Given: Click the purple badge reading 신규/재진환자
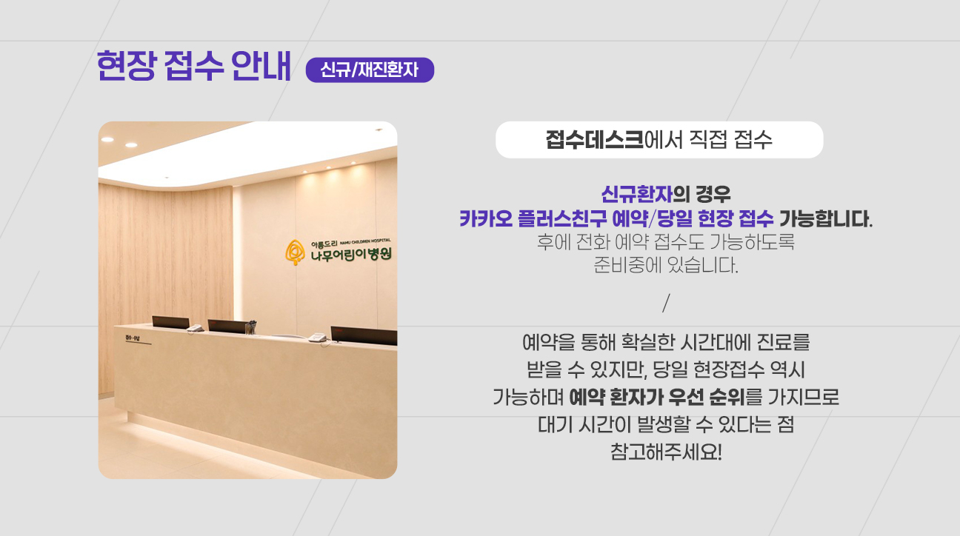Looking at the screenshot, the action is coord(370,70).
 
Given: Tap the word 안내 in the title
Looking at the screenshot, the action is coord(261,66).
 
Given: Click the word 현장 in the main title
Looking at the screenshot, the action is coord(126,66).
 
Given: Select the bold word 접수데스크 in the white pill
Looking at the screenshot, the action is coord(594,140).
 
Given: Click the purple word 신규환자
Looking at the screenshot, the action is coord(637,194).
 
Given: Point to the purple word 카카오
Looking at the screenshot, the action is coord(486,218).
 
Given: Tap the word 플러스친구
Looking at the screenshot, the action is coord(562,218).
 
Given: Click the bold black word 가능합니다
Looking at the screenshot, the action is coord(825,218).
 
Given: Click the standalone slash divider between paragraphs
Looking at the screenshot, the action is coord(666,303).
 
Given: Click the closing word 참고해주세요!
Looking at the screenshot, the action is coord(666,452).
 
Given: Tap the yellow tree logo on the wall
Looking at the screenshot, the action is coord(295,252).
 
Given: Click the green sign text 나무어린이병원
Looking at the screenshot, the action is coord(351,255).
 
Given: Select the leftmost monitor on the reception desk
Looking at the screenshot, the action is coord(170,323).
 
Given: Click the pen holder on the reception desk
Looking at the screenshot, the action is coord(250,328).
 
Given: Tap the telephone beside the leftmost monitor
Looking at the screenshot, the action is coord(196,328).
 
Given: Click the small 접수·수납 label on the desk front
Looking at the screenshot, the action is coord(133,338).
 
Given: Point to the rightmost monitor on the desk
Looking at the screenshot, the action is coord(364,335).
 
